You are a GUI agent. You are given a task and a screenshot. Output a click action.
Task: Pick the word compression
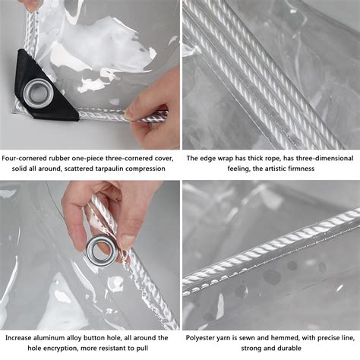click(150, 169)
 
